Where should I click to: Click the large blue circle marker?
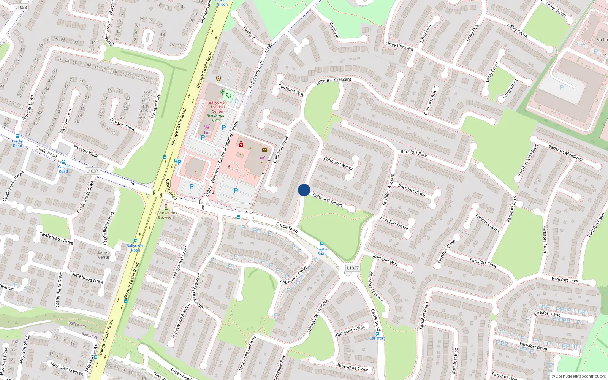(x=304, y=190)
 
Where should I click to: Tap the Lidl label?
(x=207, y=133)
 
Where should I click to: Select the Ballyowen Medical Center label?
(x=218, y=107)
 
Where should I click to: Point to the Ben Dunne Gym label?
(x=216, y=118)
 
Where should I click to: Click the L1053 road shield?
(x=21, y=7)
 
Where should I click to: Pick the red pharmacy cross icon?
(x=241, y=144)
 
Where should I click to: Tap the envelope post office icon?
(x=264, y=150)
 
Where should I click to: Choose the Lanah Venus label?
(x=104, y=255)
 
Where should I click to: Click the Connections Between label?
(x=166, y=215)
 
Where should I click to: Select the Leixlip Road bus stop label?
(x=17, y=143)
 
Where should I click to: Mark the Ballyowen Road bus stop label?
(x=136, y=248)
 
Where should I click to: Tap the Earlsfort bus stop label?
(x=377, y=338)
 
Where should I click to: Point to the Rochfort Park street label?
(x=413, y=154)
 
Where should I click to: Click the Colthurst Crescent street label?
(x=333, y=80)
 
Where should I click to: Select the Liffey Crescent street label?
(x=399, y=46)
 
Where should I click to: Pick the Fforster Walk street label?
(x=85, y=151)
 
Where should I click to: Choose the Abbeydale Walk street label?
(x=350, y=331)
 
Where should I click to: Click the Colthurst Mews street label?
(x=338, y=163)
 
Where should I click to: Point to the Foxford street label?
(x=249, y=33)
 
